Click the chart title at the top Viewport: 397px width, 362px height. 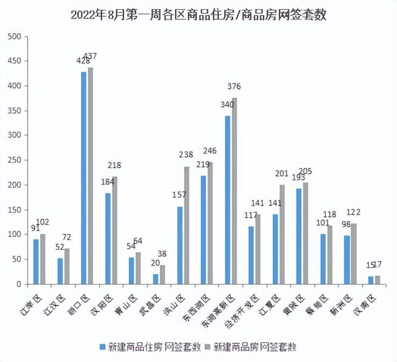pyautogui.click(x=198, y=16)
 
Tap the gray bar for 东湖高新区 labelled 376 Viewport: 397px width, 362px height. pyautogui.click(x=234, y=191)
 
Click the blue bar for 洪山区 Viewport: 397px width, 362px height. pyautogui.click(x=180, y=245)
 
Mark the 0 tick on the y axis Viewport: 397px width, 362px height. pyautogui.click(x=18, y=284)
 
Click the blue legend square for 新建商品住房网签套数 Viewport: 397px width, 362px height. pyautogui.click(x=101, y=346)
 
